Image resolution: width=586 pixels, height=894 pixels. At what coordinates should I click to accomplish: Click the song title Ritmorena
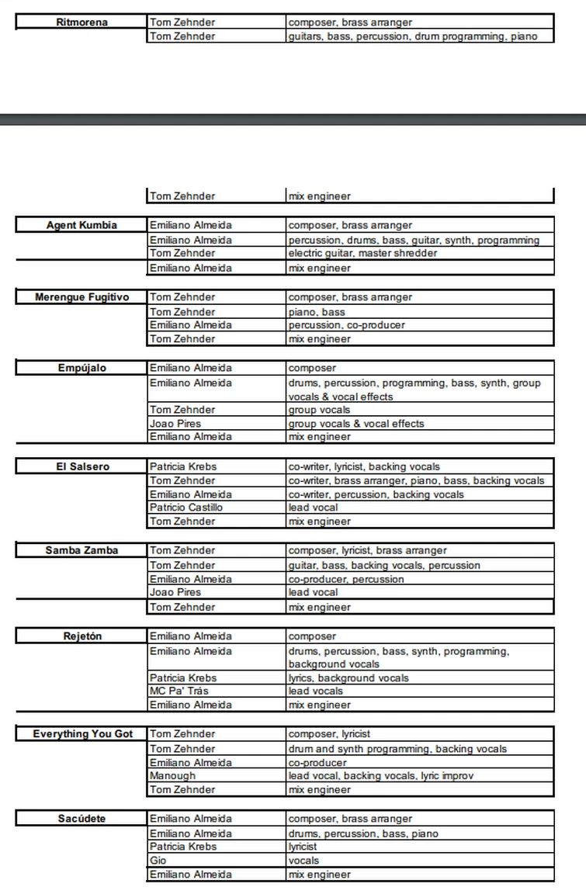point(81,23)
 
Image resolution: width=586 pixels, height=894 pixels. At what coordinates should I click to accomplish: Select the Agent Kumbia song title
point(81,226)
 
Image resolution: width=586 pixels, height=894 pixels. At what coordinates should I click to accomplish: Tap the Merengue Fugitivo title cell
point(81,297)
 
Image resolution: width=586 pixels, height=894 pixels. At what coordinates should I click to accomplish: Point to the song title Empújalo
point(81,368)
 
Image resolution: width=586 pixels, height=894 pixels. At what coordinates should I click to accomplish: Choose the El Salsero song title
point(81,467)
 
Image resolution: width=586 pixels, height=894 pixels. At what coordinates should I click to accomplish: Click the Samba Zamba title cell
point(81,551)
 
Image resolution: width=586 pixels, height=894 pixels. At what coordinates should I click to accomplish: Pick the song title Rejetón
point(81,637)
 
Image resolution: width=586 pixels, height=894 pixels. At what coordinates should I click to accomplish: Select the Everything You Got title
point(82,734)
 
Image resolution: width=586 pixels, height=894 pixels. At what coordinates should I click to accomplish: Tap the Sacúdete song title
point(81,819)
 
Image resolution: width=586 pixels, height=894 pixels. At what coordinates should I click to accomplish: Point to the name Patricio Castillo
point(186,508)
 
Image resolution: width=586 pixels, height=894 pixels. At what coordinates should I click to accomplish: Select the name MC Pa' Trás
point(179,691)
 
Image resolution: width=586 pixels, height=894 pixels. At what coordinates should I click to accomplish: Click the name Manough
point(172,776)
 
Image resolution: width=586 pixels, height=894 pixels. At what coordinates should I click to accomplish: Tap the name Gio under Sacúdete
point(158,861)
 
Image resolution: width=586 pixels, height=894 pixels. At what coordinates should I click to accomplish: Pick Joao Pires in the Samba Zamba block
point(175,593)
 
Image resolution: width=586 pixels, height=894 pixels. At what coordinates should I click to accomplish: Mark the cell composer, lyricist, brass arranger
point(367,551)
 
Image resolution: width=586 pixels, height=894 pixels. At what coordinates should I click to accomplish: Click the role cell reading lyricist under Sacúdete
point(303,847)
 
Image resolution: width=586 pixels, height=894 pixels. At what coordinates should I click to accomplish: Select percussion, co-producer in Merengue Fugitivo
point(346,325)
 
